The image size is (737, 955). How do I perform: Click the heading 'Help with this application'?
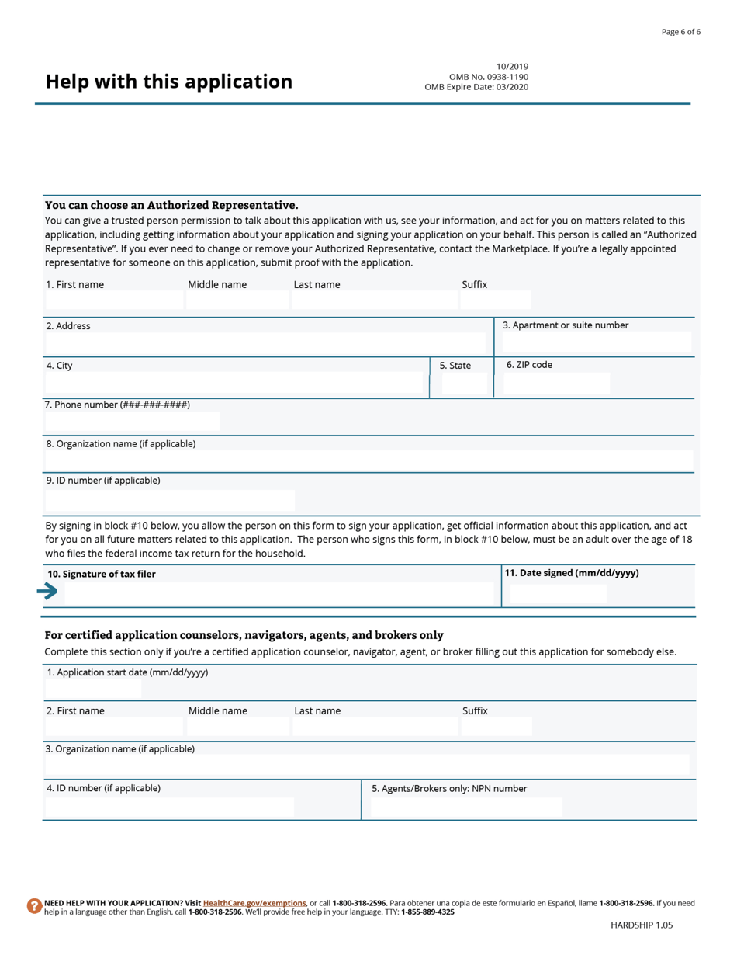point(168,82)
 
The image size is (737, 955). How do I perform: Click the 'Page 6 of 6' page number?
point(680,32)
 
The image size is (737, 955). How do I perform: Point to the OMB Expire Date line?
point(476,87)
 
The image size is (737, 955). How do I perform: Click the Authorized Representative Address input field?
point(265,343)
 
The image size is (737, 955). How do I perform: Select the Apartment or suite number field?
point(596,342)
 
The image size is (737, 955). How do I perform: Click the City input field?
point(234,383)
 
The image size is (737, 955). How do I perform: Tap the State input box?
point(464,383)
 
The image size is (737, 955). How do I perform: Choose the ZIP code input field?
point(555,383)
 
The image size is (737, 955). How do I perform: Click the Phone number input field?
point(132,422)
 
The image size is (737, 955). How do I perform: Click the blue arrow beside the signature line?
point(47,592)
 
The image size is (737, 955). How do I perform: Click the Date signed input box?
point(558,594)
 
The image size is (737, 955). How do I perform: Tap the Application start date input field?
point(93,688)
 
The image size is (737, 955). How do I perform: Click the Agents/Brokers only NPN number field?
point(466,807)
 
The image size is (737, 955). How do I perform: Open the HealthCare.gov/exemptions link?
point(254,903)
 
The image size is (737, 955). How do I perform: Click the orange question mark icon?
point(34,906)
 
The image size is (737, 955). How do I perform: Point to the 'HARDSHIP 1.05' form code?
point(641,925)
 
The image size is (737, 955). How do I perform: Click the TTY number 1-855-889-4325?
point(427,912)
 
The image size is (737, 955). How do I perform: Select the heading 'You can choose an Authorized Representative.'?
point(171,205)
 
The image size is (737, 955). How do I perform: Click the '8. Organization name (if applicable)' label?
point(120,444)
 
